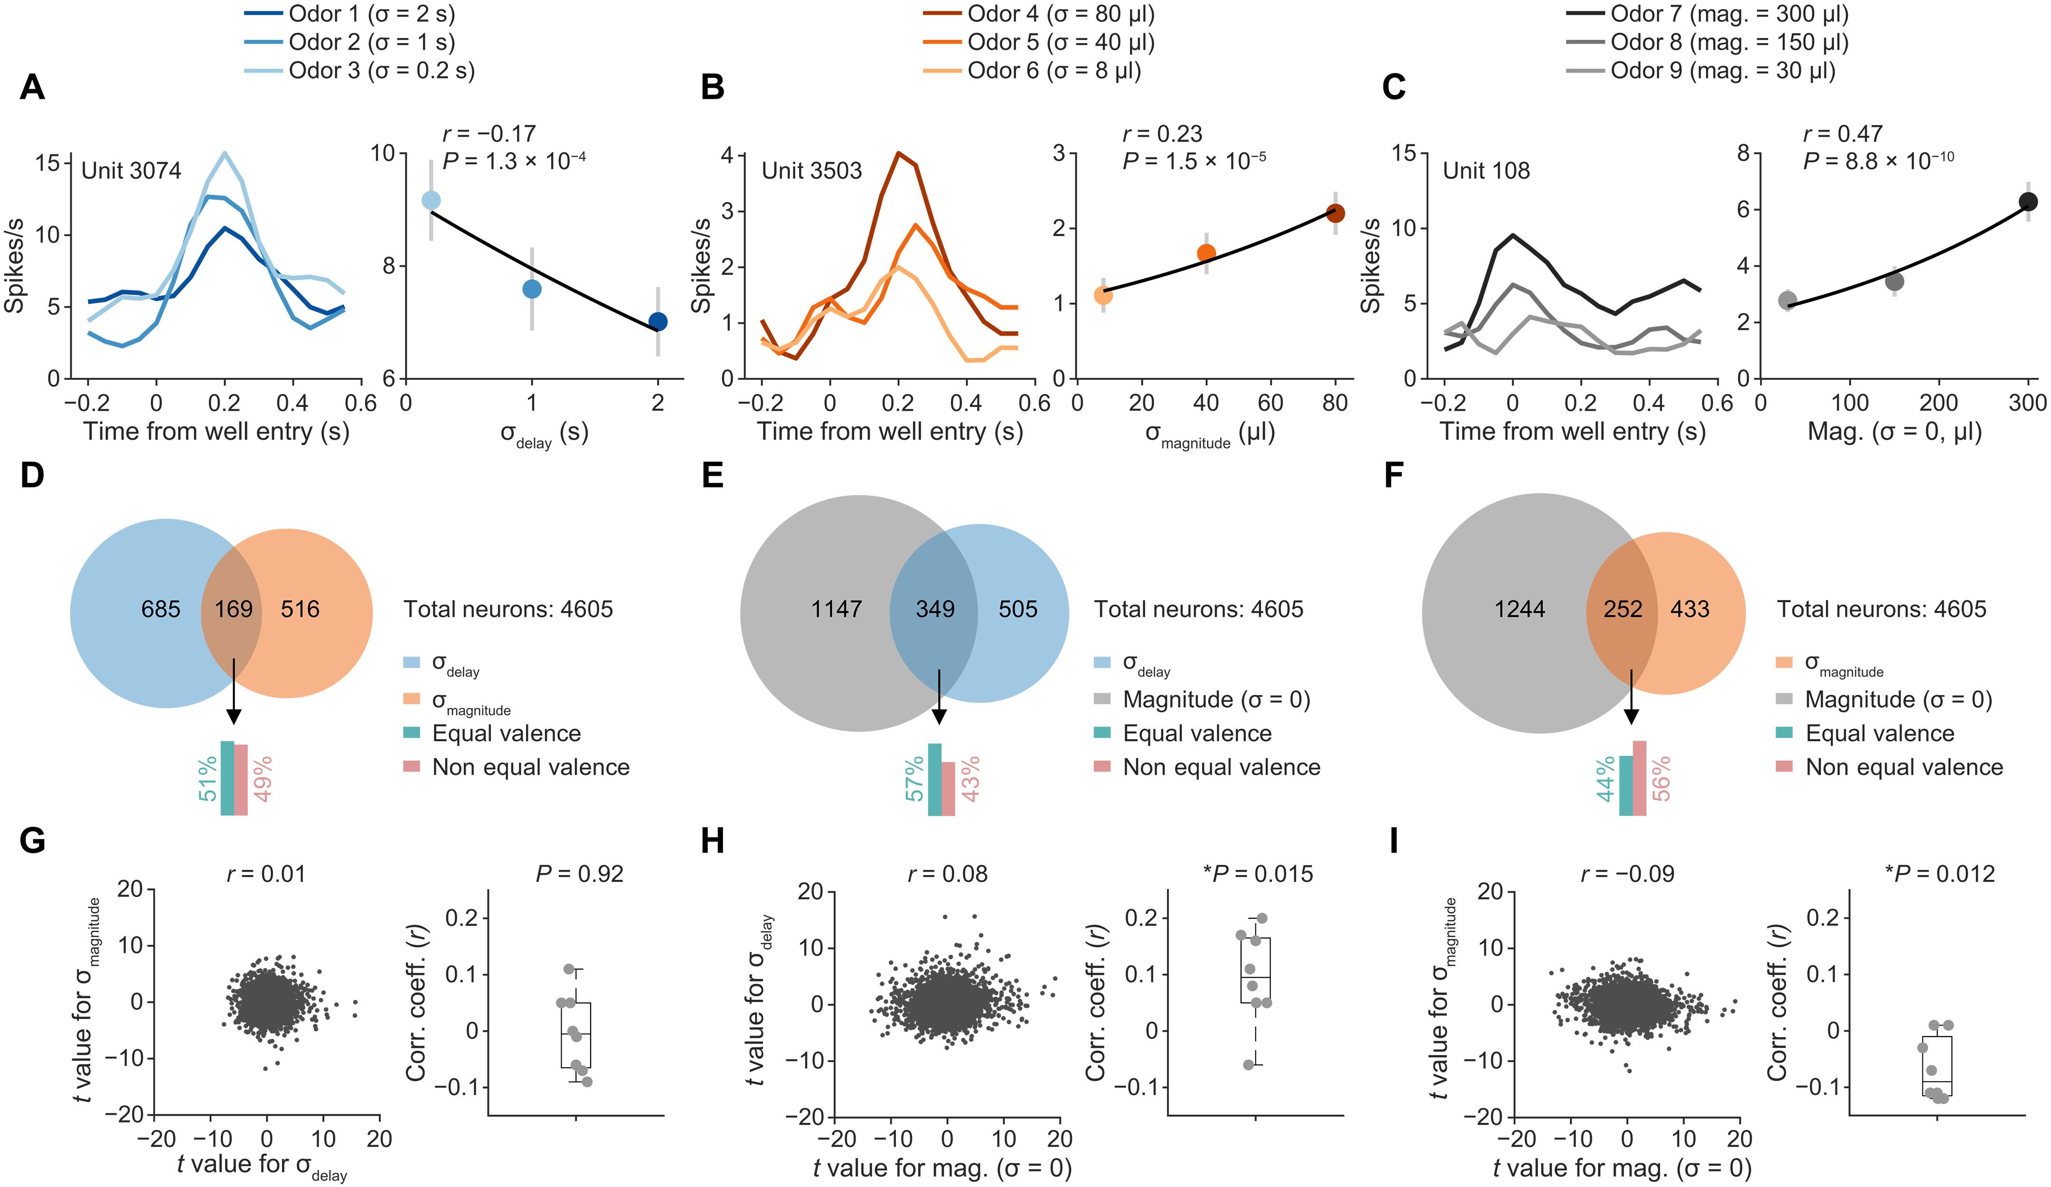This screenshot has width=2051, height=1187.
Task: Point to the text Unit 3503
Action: (811, 170)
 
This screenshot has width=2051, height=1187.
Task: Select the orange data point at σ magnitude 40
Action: (1206, 253)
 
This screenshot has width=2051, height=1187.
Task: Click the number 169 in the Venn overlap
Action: (234, 609)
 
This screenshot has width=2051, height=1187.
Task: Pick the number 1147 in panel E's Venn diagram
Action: (836, 609)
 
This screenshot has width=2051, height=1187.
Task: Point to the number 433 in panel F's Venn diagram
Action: (1690, 609)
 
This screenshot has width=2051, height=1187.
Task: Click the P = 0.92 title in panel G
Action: (580, 875)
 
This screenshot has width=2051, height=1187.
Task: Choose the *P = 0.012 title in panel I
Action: (1939, 875)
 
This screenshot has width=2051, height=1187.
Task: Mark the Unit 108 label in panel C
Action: (1486, 170)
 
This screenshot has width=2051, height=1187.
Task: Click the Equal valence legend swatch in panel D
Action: (412, 734)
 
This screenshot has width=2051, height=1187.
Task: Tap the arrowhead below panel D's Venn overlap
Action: (234, 716)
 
